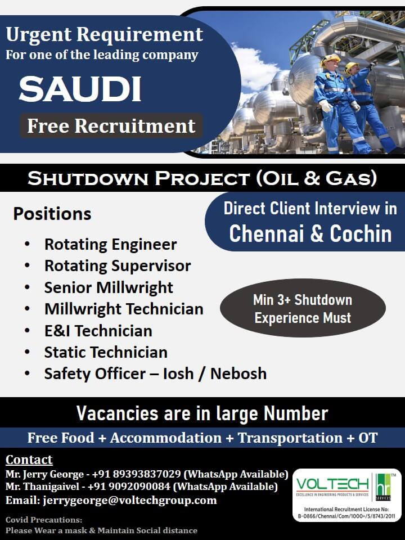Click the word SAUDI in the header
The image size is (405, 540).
coord(80,88)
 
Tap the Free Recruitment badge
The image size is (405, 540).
coord(111,125)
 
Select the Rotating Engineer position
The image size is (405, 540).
coord(111,245)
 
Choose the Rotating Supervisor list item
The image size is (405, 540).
coord(118,266)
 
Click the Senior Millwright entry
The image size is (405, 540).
coord(109,287)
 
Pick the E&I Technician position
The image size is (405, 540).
coord(98,331)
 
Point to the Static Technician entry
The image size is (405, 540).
coord(106,352)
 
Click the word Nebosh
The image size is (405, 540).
coord(238,373)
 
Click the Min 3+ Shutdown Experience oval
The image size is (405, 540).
coord(303,308)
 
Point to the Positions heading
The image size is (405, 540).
coord(52,214)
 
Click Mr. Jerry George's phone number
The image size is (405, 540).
coord(136,474)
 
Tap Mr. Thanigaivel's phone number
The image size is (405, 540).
coord(129,486)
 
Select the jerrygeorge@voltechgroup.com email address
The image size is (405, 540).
coord(130,500)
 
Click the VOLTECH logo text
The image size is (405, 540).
coord(332,484)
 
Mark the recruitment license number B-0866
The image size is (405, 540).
coord(346,516)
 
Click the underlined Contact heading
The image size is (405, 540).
coord(29,460)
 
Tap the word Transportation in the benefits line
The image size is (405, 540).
coord(290,438)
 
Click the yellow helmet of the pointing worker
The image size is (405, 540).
coord(351,67)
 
